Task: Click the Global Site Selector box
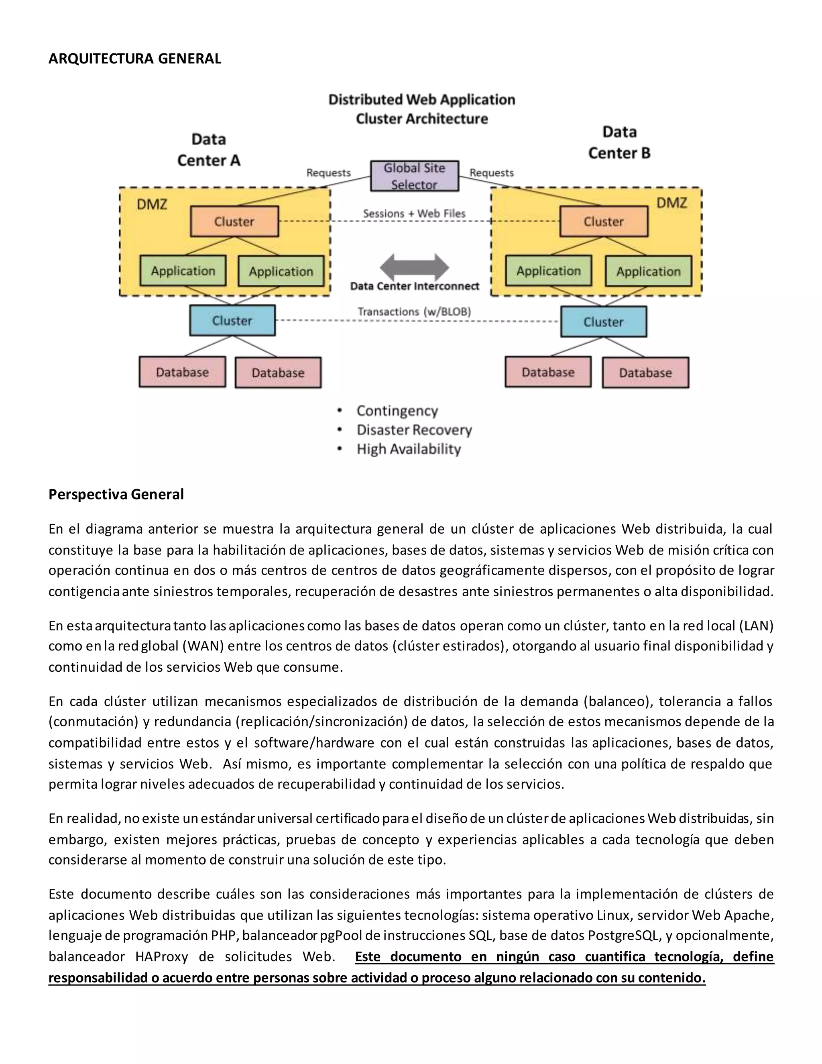point(414,176)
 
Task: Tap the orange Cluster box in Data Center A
point(234,222)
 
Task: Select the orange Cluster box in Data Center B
point(603,222)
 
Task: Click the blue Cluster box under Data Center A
point(232,320)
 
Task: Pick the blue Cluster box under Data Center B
point(603,322)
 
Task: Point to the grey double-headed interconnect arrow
point(414,267)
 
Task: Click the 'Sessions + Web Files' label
point(414,213)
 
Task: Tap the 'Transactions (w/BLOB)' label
point(414,312)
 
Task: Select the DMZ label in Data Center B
point(671,203)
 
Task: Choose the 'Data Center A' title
point(208,150)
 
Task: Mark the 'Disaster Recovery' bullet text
point(414,430)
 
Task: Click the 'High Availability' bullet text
point(409,449)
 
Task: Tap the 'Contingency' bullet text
point(397,411)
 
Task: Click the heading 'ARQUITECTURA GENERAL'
point(135,59)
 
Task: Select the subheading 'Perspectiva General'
point(116,495)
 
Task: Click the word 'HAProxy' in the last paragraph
point(162,957)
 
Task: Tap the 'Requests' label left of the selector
point(328,173)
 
